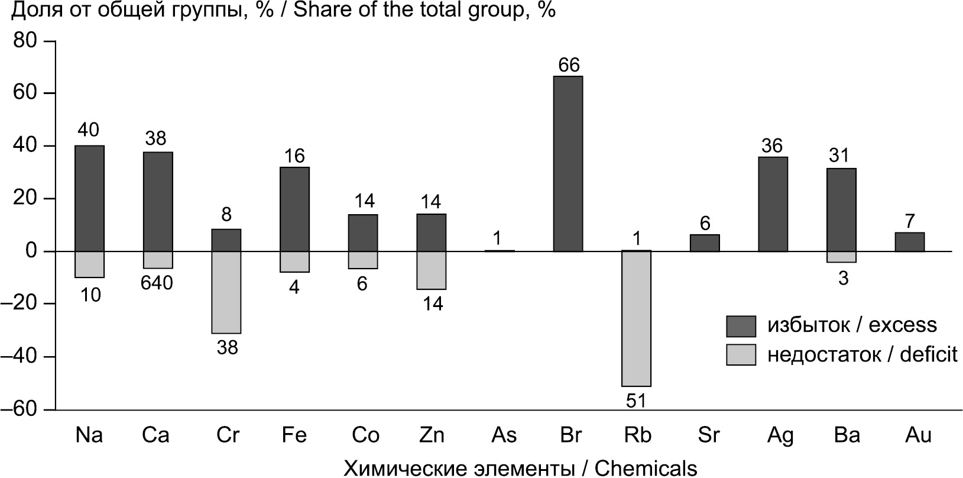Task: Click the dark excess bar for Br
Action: (x=568, y=164)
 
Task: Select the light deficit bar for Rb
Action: (x=636, y=318)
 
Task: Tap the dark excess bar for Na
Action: (x=89, y=198)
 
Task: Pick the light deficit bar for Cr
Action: (x=226, y=292)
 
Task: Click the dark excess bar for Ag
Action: (x=773, y=204)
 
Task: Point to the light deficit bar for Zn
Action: (x=431, y=270)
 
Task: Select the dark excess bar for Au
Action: (x=909, y=242)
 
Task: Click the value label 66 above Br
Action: (x=568, y=64)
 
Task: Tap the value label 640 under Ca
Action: (x=157, y=283)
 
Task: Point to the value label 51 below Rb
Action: (x=636, y=401)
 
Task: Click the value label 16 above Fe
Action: (x=294, y=156)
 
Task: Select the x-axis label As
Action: (x=504, y=435)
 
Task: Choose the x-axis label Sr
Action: (x=708, y=435)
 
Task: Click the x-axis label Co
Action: (x=365, y=435)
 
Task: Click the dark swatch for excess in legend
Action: (x=741, y=325)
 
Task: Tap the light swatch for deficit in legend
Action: (x=741, y=354)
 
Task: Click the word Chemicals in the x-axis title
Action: (x=646, y=469)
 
